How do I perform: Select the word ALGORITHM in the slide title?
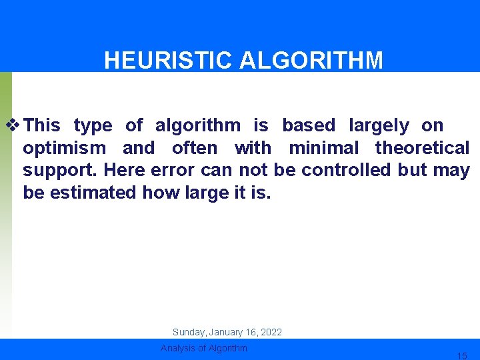pos(311,61)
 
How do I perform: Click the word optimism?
pos(64,148)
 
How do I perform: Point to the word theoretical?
pos(422,147)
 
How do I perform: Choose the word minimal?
pos(323,147)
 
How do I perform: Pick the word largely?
pos(379,125)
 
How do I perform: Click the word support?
pos(61,171)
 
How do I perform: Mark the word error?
pos(173,170)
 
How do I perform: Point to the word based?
pos(309,125)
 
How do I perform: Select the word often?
pos(195,147)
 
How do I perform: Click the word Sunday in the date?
pos(188,332)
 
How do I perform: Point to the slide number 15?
pos(461,356)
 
